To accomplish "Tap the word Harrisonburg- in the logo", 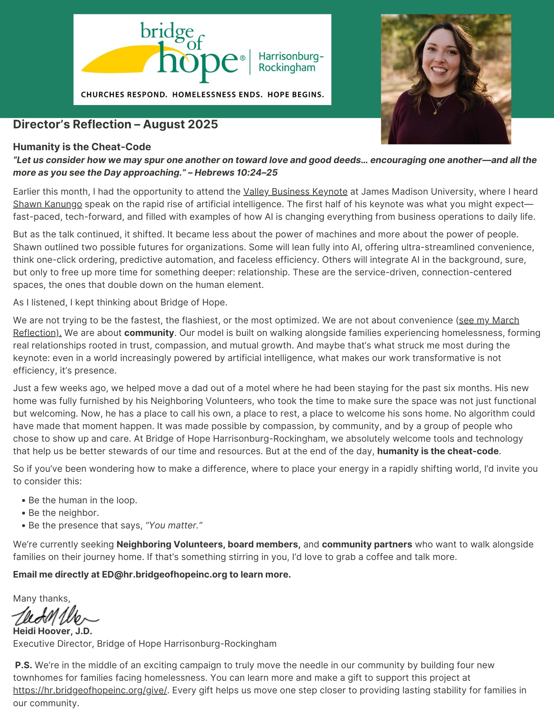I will point(291,56).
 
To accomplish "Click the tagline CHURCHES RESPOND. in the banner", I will point(124,95).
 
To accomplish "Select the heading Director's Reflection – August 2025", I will point(115,124).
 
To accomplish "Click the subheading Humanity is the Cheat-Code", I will point(82,147).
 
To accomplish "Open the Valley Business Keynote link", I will point(295,191).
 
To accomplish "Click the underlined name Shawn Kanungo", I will point(47,204).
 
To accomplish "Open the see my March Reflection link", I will point(489,320).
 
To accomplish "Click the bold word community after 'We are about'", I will point(149,333).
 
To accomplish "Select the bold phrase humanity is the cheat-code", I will point(437,451).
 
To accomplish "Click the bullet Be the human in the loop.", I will point(82,500).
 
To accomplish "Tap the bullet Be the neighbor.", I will point(63,513).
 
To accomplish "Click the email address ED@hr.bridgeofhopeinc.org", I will point(164,574).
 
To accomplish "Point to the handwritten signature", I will point(54,615).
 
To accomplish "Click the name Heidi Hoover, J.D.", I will point(53,631).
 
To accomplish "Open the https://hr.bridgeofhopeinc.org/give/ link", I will point(90,690).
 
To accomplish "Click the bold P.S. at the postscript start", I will point(24,665).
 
